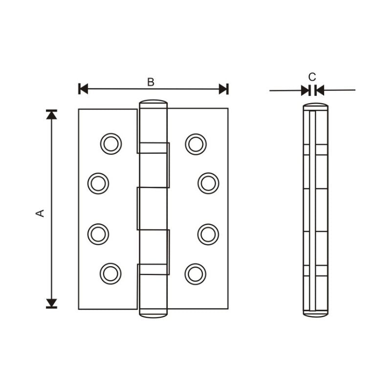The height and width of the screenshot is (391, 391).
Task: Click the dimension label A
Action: pyautogui.click(x=41, y=213)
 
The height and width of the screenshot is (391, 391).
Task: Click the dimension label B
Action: pyautogui.click(x=151, y=82)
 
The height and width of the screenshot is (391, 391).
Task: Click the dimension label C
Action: pyautogui.click(x=312, y=77)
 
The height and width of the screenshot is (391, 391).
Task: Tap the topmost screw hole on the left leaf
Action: pyautogui.click(x=111, y=144)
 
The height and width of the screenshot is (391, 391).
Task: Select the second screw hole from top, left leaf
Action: pyautogui.click(x=98, y=183)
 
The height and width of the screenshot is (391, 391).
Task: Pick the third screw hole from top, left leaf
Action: pyautogui.click(x=98, y=234)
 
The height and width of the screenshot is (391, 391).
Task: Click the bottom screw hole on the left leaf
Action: pyautogui.click(x=110, y=273)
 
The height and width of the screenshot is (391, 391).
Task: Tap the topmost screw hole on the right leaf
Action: pyautogui.click(x=195, y=144)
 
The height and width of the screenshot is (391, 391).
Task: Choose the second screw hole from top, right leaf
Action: pyautogui.click(x=208, y=183)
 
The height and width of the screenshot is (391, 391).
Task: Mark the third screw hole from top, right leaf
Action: pyautogui.click(x=208, y=234)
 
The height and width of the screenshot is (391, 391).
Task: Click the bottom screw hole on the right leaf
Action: pyautogui.click(x=195, y=273)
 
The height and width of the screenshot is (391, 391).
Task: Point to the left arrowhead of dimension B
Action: pyautogui.click(x=83, y=89)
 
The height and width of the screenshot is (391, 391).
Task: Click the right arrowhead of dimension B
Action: pyautogui.click(x=223, y=89)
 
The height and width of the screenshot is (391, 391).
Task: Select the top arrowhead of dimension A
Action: pyautogui.click(x=51, y=114)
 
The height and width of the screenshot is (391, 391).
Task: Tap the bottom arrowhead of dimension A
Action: pyautogui.click(x=51, y=303)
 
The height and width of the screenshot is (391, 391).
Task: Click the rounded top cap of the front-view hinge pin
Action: pyautogui.click(x=153, y=104)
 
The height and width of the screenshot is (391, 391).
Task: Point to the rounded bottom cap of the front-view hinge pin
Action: pyautogui.click(x=153, y=314)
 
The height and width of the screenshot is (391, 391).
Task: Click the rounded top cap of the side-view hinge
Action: pyautogui.click(x=315, y=105)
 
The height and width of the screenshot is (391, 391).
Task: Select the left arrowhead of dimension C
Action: pyautogui.click(x=305, y=90)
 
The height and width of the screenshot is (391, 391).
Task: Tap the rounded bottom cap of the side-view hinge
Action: pyautogui.click(x=315, y=313)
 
